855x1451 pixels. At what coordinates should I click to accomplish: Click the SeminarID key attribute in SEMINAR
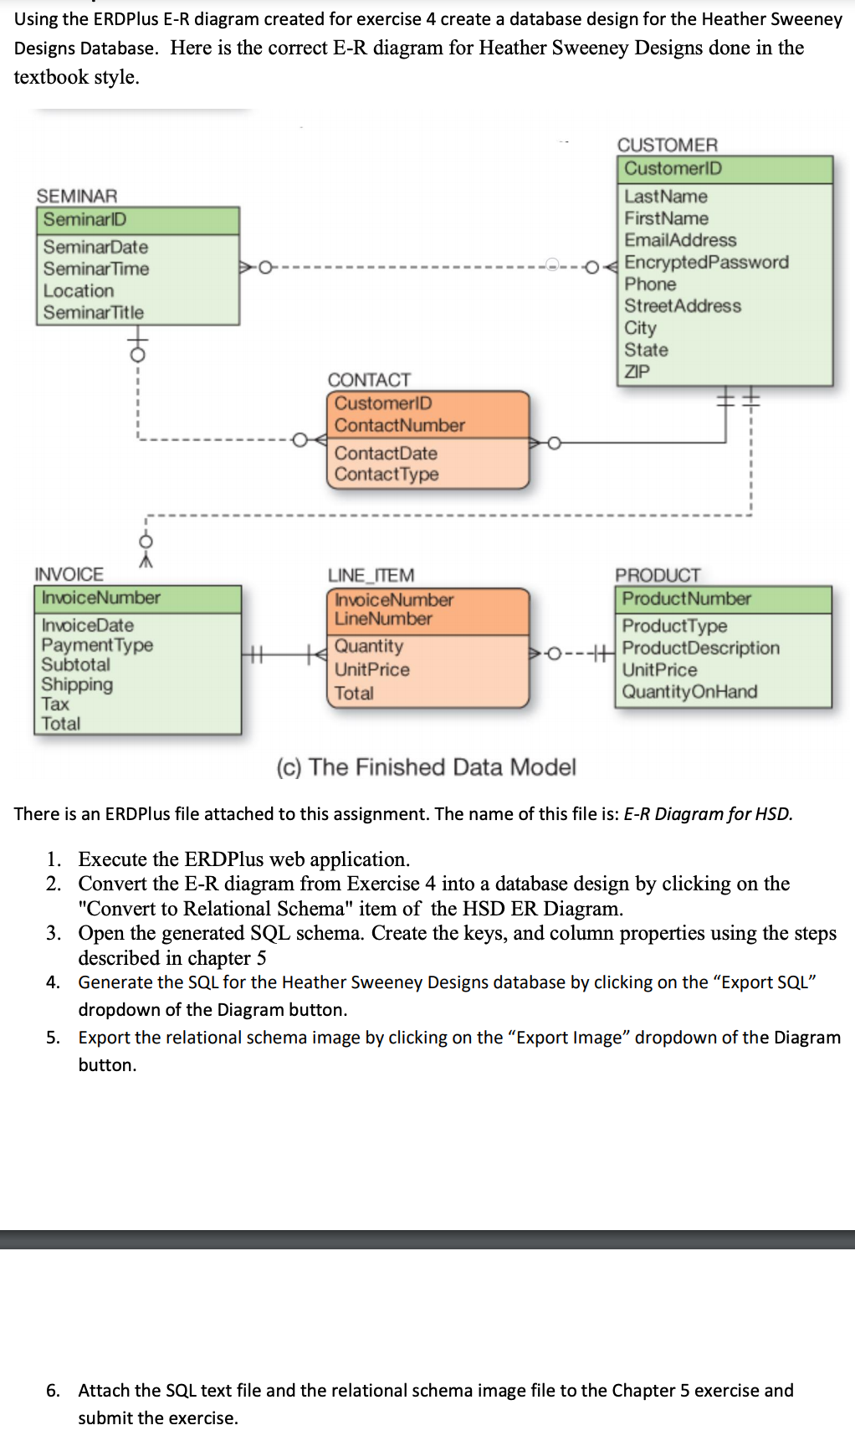tap(84, 220)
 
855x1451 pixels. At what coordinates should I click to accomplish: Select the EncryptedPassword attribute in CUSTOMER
tap(706, 263)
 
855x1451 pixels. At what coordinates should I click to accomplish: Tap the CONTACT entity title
tap(369, 380)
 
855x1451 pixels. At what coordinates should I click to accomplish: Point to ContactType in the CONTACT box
tap(387, 474)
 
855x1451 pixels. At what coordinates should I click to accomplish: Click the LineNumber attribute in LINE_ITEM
tap(383, 619)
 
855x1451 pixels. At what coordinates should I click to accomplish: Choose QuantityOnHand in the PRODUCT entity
tap(689, 692)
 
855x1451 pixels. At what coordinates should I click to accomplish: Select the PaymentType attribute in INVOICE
tap(97, 645)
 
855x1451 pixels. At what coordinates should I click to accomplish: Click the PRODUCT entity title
tap(658, 575)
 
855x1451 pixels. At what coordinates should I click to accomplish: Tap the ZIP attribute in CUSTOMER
tap(637, 372)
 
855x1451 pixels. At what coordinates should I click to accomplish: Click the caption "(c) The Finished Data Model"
tap(426, 767)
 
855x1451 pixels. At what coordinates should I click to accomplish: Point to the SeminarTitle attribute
tap(94, 313)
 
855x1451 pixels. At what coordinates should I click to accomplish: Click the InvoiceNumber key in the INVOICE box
tap(101, 597)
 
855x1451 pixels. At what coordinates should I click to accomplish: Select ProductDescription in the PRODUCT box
tap(700, 649)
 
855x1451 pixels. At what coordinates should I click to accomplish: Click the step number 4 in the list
tap(53, 982)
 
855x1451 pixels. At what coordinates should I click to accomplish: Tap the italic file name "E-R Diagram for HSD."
tap(708, 814)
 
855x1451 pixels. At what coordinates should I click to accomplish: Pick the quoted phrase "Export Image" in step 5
tap(568, 1038)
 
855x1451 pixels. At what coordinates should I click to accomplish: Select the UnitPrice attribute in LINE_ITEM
tap(372, 670)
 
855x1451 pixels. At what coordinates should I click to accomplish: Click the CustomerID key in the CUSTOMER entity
tap(673, 169)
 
